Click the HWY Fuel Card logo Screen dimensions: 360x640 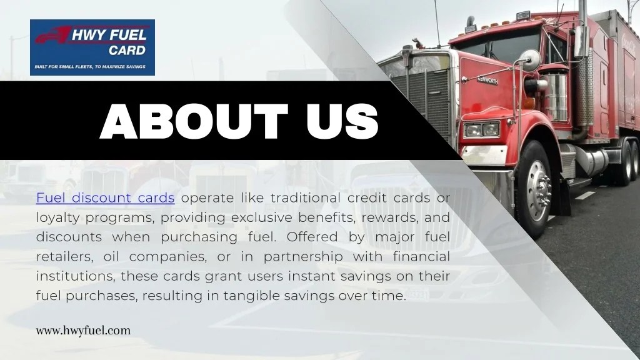[x=92, y=47]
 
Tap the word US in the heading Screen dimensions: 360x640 [x=343, y=121]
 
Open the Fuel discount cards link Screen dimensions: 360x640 [x=105, y=198]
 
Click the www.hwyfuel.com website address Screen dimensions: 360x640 [x=83, y=331]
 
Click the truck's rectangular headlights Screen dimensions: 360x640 [x=481, y=129]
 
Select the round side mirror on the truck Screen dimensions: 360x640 [x=530, y=60]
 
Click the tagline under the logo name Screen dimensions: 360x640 [x=89, y=66]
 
